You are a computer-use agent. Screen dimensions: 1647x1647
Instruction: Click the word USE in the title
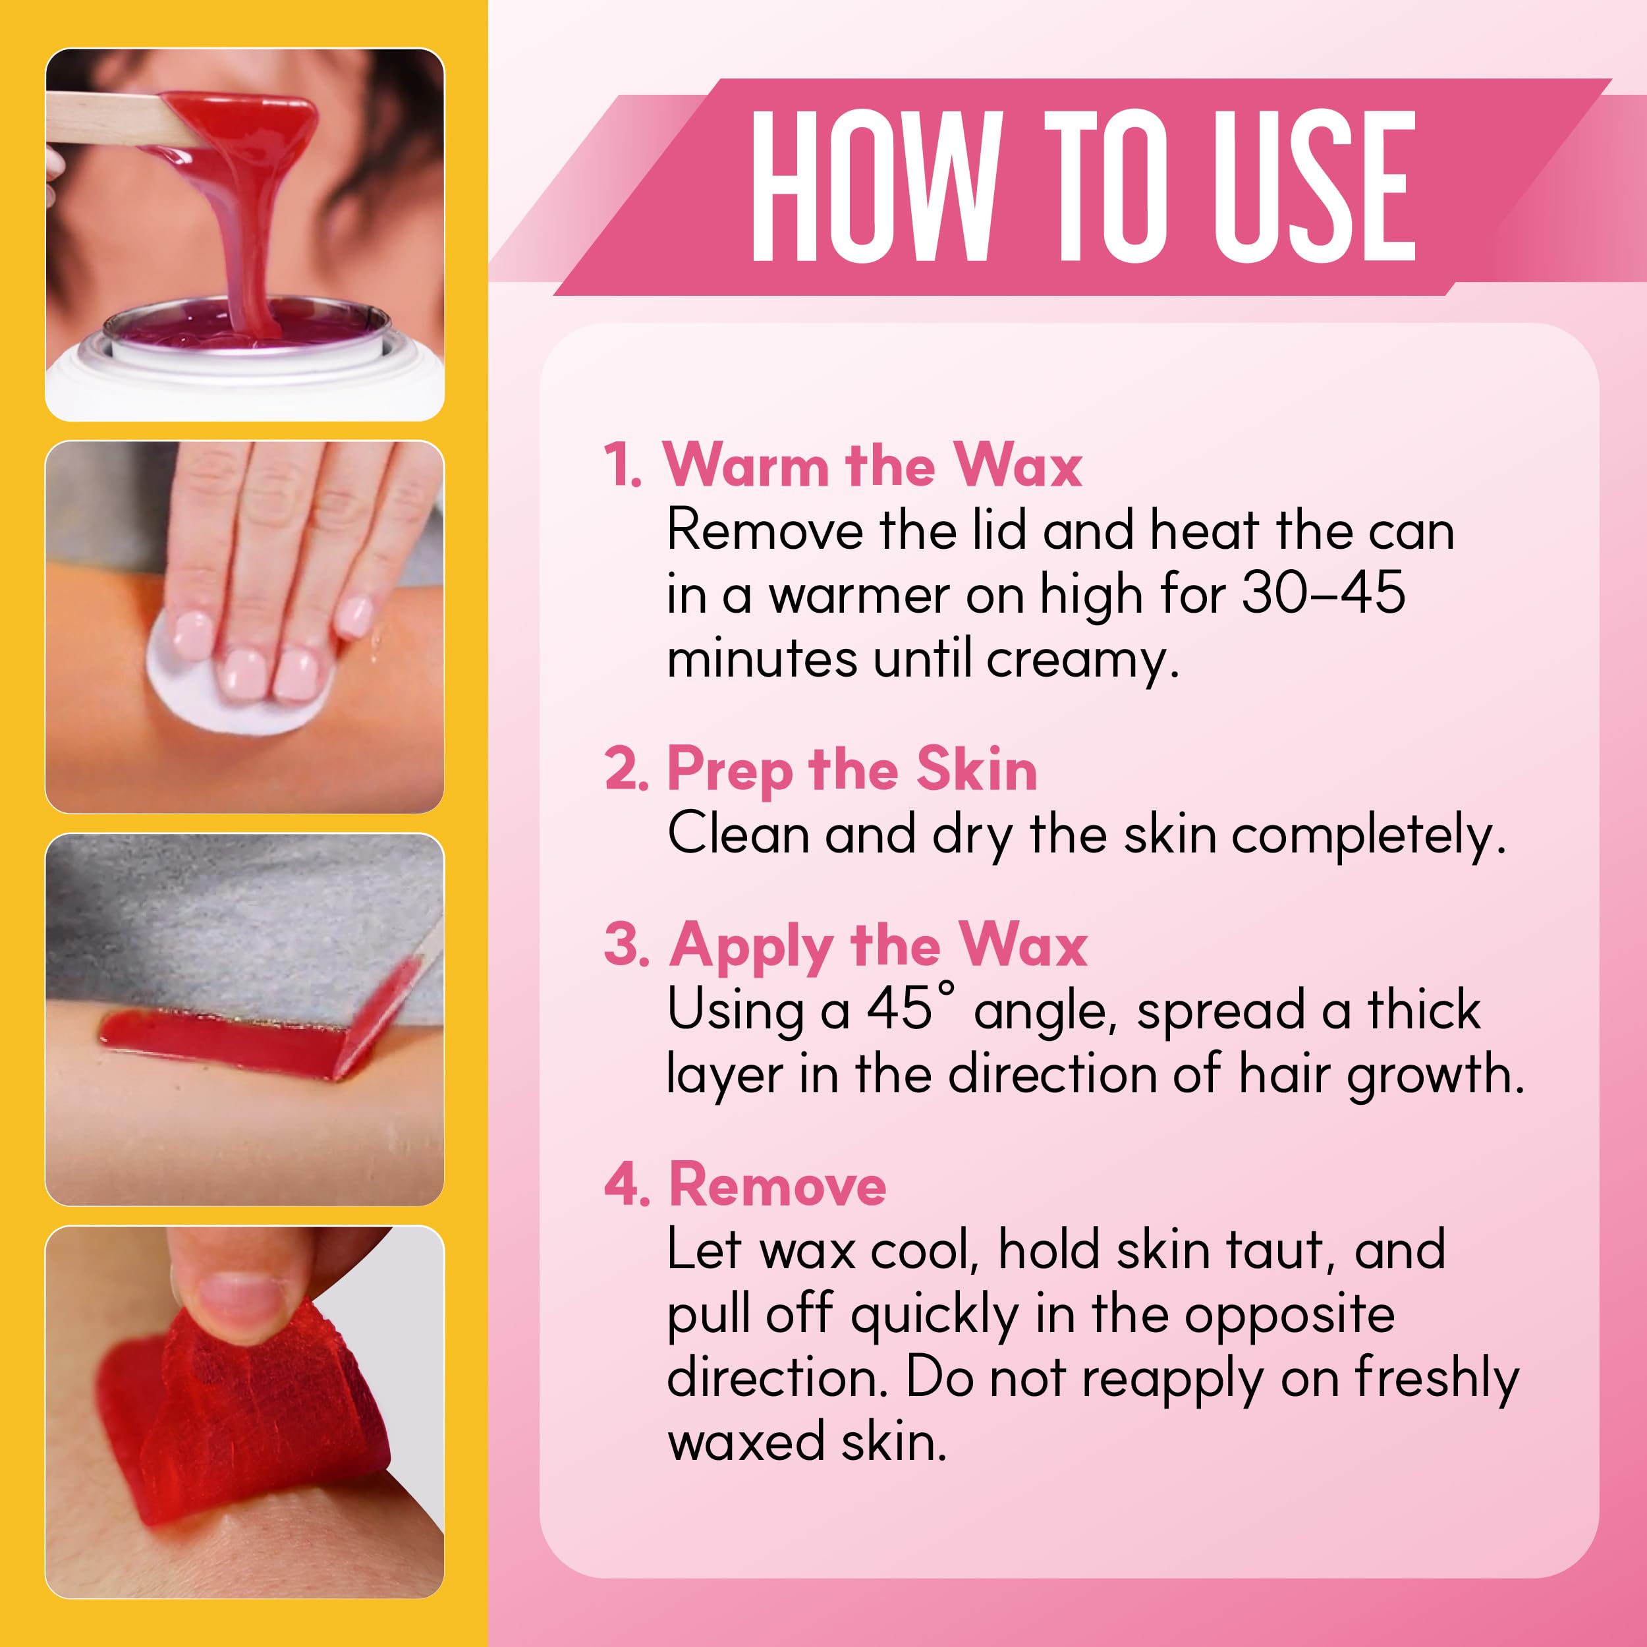coord(1314,186)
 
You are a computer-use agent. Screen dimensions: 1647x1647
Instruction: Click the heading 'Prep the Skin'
coord(852,771)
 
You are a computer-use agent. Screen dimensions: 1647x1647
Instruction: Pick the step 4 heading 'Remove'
coord(777,1186)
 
